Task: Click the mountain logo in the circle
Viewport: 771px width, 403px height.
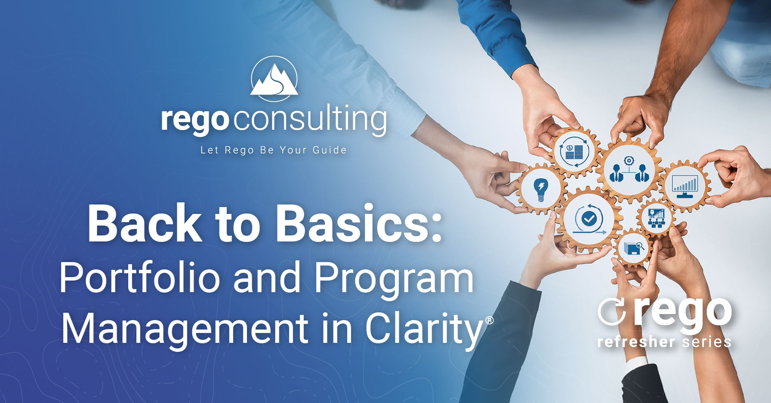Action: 274,79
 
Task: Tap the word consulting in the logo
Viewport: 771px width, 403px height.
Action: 310,120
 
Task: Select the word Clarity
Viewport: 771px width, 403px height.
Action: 424,330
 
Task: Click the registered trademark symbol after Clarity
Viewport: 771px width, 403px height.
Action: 489,321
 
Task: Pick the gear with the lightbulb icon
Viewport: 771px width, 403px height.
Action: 540,188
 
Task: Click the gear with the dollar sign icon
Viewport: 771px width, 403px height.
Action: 574,151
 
